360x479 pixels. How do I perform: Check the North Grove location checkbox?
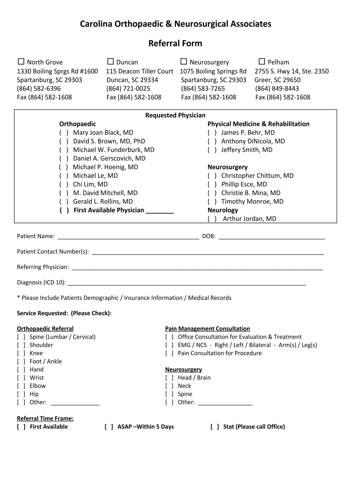click(x=21, y=62)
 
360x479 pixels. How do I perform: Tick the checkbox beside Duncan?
click(x=110, y=62)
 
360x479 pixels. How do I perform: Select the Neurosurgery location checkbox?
click(x=184, y=62)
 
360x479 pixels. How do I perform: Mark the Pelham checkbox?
click(x=262, y=62)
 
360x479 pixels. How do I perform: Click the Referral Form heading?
click(x=175, y=44)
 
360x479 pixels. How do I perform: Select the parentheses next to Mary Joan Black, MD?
click(x=64, y=132)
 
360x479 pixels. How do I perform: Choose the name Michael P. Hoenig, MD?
click(x=105, y=167)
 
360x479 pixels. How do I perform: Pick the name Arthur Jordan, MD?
click(x=249, y=218)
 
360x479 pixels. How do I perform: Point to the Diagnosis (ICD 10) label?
click(x=41, y=283)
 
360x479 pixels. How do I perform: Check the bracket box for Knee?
click(x=21, y=353)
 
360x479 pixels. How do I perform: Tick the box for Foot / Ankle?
click(x=21, y=361)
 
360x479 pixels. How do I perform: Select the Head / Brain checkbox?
click(x=169, y=377)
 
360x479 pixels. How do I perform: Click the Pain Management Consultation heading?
click(x=207, y=329)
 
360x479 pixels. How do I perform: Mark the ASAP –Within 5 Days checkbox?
click(x=109, y=427)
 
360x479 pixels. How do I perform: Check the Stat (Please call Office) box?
click(x=215, y=427)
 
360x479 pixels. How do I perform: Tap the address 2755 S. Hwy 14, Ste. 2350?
click(x=291, y=71)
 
